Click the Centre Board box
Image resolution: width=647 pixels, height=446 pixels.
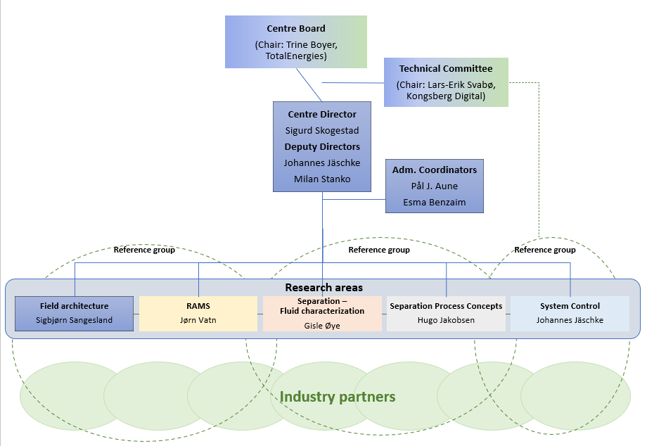[296, 42]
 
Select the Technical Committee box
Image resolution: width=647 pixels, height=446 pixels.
[446, 82]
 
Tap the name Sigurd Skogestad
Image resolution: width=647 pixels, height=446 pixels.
[322, 130]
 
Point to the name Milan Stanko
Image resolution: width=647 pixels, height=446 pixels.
[322, 179]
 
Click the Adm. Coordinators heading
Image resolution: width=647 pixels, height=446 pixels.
[435, 170]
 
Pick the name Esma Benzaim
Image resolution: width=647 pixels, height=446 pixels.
[435, 203]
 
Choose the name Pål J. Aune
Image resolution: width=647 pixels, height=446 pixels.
[435, 186]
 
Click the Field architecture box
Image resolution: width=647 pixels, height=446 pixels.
[74, 314]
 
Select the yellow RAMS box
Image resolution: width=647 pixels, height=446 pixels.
[198, 314]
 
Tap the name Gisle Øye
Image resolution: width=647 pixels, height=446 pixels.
[322, 325]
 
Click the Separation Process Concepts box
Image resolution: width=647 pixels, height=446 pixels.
[446, 314]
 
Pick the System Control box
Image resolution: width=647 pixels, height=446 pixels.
[570, 314]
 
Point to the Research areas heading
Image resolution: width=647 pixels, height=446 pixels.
[323, 288]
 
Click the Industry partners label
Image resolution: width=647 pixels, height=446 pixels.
[338, 397]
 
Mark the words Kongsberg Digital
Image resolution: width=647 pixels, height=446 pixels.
[446, 96]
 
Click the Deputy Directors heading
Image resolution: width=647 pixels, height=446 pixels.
[322, 146]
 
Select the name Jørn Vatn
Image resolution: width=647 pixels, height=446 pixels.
[198, 320]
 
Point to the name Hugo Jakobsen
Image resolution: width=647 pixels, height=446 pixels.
[446, 320]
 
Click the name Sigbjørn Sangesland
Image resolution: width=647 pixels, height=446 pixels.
[74, 320]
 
